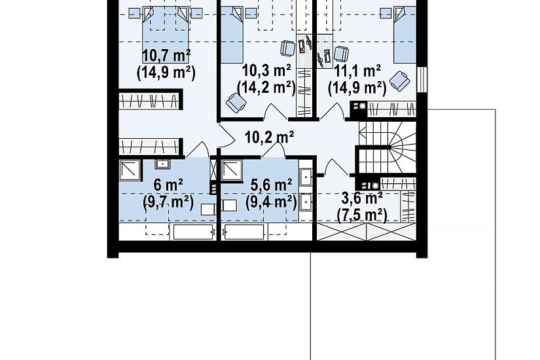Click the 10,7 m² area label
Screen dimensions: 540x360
[167, 55]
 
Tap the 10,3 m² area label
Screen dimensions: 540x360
[266, 71]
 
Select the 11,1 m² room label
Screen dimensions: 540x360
[357, 71]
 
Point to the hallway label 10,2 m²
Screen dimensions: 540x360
[269, 137]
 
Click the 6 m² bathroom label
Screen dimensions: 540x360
[168, 185]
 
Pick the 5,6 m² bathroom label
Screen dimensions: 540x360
[272, 185]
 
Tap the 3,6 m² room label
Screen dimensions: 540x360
[361, 198]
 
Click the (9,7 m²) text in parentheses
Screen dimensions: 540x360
[168, 202]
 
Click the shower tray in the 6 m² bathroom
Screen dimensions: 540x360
[130, 170]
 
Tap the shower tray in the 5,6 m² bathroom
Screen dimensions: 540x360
[232, 170]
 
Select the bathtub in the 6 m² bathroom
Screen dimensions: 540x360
[193, 232]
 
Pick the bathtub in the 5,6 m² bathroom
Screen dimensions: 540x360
[244, 232]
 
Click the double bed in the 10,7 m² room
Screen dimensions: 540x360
[166, 34]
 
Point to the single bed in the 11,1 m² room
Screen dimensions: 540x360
[405, 35]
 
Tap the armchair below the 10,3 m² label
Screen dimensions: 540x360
[236, 103]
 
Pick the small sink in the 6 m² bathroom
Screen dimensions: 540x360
[162, 164]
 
